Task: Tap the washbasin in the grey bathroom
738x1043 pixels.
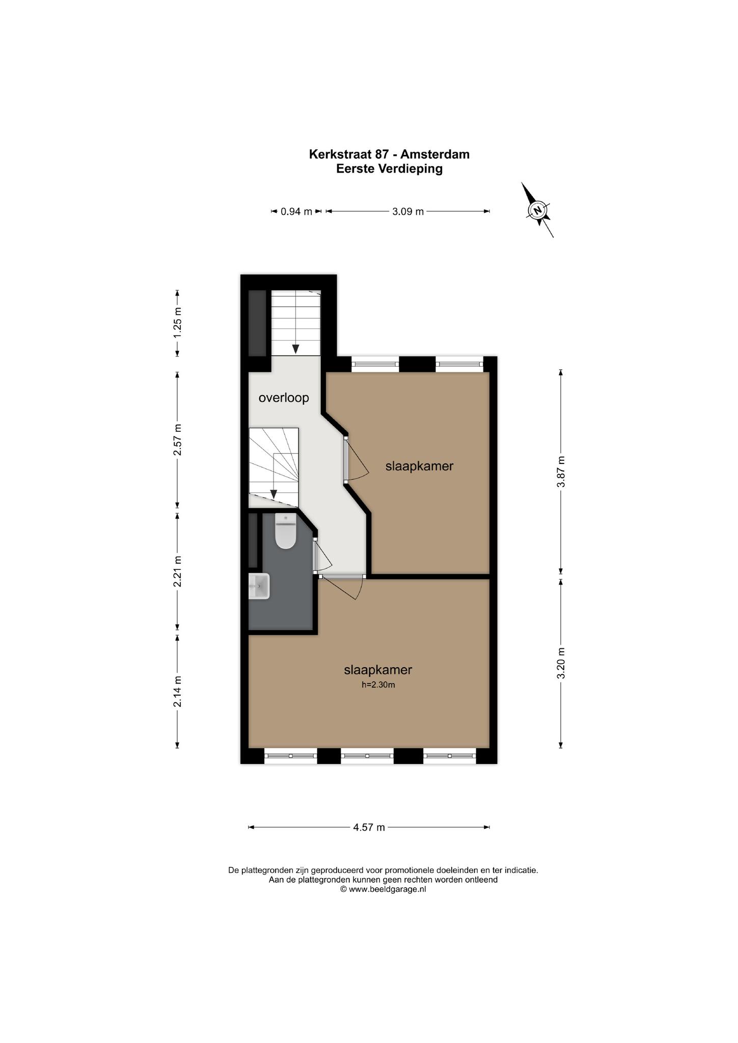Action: click(x=259, y=586)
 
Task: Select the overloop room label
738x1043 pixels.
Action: click(x=284, y=398)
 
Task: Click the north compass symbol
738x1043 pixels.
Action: click(x=537, y=210)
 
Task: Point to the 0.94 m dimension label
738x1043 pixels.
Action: click(x=296, y=211)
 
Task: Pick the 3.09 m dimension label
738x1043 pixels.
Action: click(x=408, y=211)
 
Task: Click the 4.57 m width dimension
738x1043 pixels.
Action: click(x=369, y=827)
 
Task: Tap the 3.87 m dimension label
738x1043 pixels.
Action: click(x=561, y=472)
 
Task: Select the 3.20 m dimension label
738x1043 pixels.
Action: click(x=561, y=663)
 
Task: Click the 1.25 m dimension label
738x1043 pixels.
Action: click(x=177, y=323)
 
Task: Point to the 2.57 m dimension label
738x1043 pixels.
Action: click(x=177, y=440)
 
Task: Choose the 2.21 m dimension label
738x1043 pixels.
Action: click(x=177, y=571)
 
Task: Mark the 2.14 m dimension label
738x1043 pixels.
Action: click(x=177, y=692)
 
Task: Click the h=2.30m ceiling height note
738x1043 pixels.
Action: click(x=378, y=685)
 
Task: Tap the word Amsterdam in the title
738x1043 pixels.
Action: click(x=435, y=154)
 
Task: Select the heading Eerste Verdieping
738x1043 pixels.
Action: click(x=389, y=169)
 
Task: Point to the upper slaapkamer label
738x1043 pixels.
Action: click(x=419, y=465)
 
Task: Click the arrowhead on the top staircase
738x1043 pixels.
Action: click(x=295, y=349)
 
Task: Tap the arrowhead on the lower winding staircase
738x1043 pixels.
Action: click(x=274, y=494)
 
